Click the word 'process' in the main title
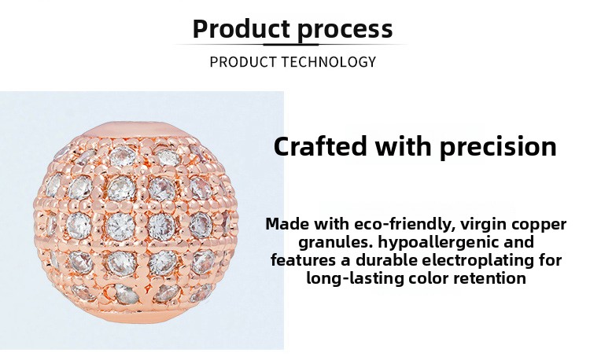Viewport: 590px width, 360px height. [x=345, y=29]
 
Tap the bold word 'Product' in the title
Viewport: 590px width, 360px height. [x=242, y=29]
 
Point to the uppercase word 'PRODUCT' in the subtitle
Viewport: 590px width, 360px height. [x=239, y=62]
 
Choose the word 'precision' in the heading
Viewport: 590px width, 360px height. [x=498, y=146]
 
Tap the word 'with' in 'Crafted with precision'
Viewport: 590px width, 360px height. [x=404, y=146]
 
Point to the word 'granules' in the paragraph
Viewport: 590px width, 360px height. [x=331, y=242]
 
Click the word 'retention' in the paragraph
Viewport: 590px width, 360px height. [x=489, y=278]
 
